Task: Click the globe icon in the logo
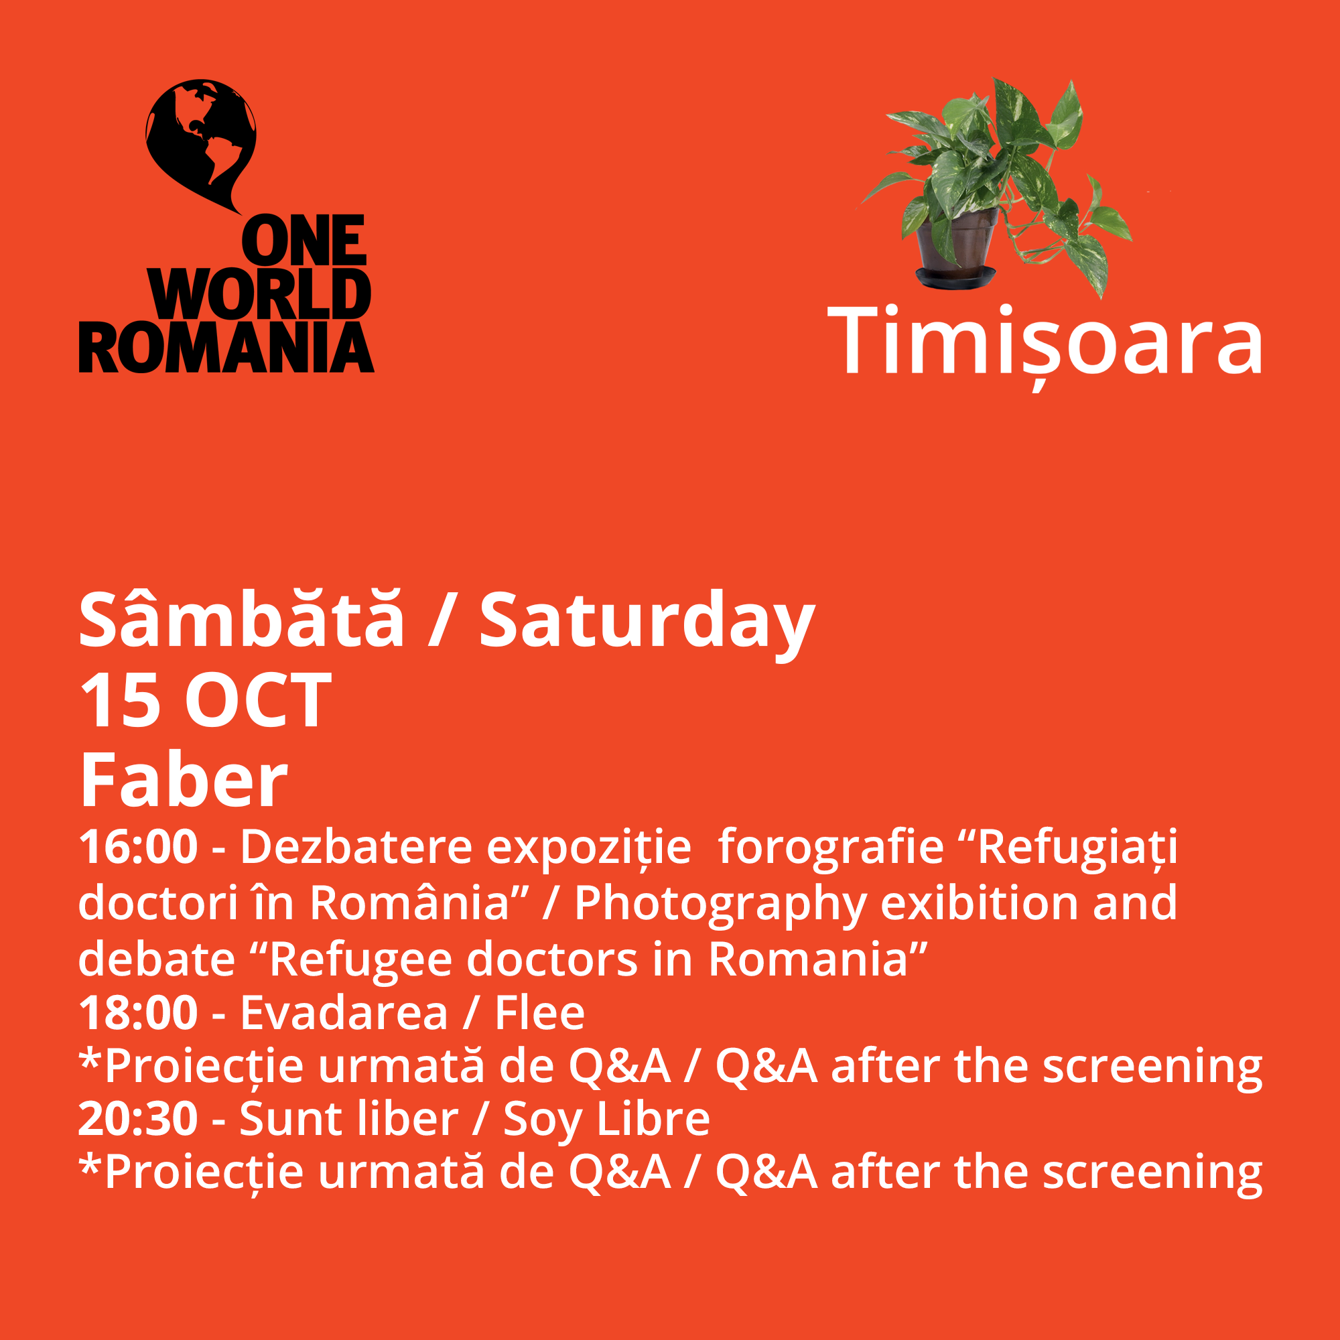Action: click(201, 142)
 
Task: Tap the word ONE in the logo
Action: click(304, 240)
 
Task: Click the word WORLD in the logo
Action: click(259, 293)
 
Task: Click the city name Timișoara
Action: click(1045, 344)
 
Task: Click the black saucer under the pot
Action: click(955, 277)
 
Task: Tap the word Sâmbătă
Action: click(241, 618)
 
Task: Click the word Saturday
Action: click(647, 624)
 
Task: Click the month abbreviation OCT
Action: click(258, 701)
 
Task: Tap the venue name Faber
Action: click(184, 781)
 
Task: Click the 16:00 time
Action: click(138, 847)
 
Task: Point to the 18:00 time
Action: click(138, 1012)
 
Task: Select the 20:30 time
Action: click(138, 1118)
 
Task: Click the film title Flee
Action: click(539, 1012)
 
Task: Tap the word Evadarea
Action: click(344, 1012)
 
